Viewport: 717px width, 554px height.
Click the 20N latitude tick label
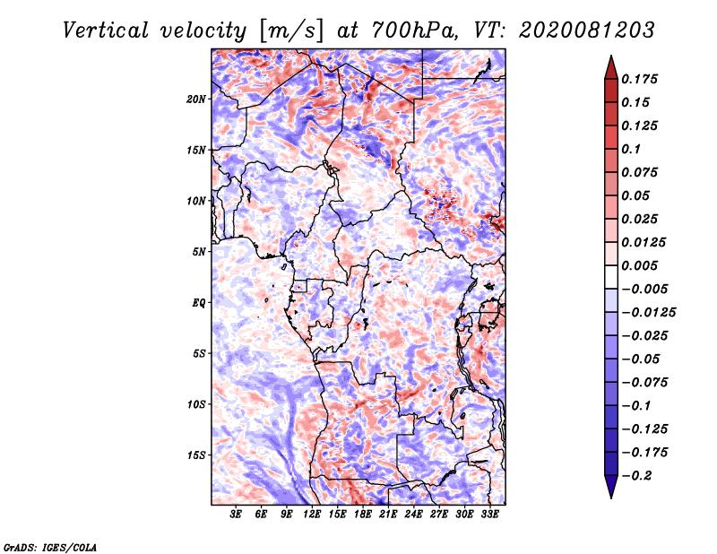click(x=195, y=99)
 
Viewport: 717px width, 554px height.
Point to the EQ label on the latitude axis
click(x=198, y=303)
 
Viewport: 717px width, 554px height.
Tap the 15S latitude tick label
click(x=195, y=455)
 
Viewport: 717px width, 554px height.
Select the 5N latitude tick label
click(x=198, y=252)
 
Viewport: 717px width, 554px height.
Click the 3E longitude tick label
click(x=236, y=514)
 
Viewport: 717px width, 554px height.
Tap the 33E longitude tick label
click(x=489, y=514)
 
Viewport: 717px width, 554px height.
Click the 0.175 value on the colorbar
click(x=639, y=79)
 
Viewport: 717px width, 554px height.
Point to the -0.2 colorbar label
click(x=636, y=476)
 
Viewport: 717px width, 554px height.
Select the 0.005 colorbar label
click(x=639, y=265)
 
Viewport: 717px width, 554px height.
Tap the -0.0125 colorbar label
click(x=648, y=313)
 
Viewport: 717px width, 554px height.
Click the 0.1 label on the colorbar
click(x=631, y=149)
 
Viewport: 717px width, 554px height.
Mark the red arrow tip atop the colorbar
click(x=611, y=56)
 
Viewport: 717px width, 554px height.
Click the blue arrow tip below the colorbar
click(x=611, y=498)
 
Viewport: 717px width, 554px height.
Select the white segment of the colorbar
click(x=611, y=277)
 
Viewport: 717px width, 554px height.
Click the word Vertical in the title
click(x=105, y=30)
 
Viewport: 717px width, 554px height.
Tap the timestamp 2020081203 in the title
click(x=587, y=30)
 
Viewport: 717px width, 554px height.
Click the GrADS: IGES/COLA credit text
click(x=50, y=547)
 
